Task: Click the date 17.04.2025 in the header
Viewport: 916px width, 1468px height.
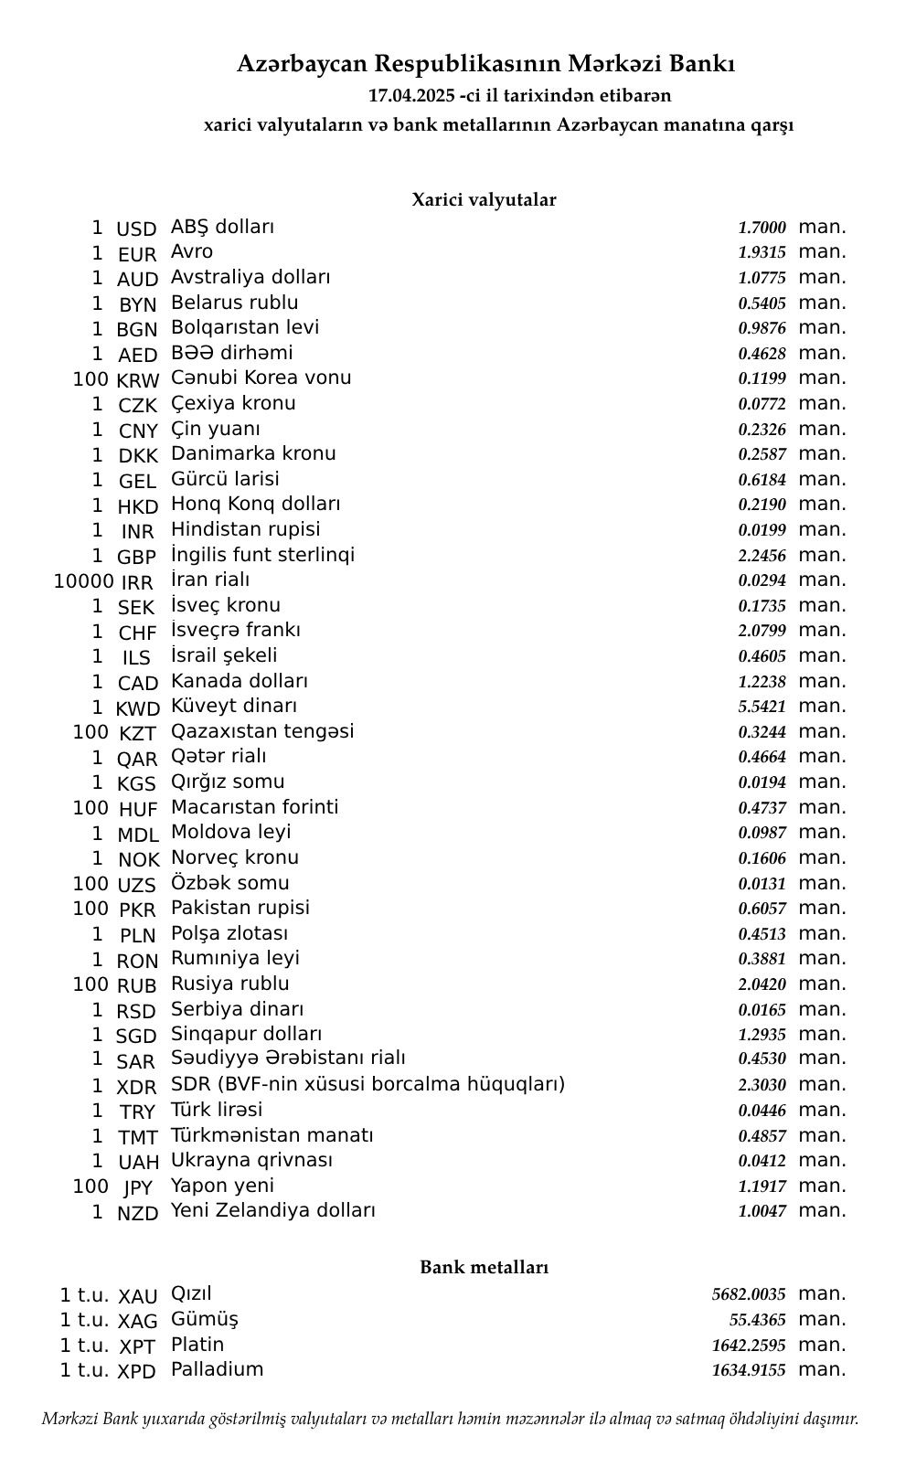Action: [x=410, y=95]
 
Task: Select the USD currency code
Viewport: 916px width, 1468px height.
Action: [x=136, y=229]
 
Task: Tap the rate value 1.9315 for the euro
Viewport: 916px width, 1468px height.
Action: [x=762, y=252]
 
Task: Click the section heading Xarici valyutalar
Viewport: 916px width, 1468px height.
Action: [x=484, y=199]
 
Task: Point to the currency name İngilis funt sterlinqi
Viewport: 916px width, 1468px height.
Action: [x=262, y=555]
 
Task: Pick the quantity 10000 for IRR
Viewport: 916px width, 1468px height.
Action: [x=83, y=581]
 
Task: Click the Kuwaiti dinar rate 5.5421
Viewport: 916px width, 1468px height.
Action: [x=762, y=707]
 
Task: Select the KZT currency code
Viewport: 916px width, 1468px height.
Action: [x=137, y=733]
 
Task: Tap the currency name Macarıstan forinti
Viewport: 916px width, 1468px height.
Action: [x=254, y=807]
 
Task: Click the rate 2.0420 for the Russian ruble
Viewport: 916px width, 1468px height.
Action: [x=762, y=984]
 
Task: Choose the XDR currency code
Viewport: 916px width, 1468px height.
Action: [x=136, y=1087]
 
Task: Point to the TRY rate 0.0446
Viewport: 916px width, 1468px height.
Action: [x=762, y=1111]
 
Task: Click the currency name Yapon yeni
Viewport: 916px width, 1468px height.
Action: [x=222, y=1186]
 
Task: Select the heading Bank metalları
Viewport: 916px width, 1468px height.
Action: [x=484, y=1267]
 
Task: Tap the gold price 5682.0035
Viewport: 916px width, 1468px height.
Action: [x=748, y=1294]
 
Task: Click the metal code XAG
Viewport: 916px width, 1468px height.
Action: [x=138, y=1321]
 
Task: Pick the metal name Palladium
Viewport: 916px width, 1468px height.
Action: [x=217, y=1369]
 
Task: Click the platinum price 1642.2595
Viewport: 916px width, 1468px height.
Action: [x=748, y=1346]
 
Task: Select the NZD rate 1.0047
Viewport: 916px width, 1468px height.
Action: [x=762, y=1211]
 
